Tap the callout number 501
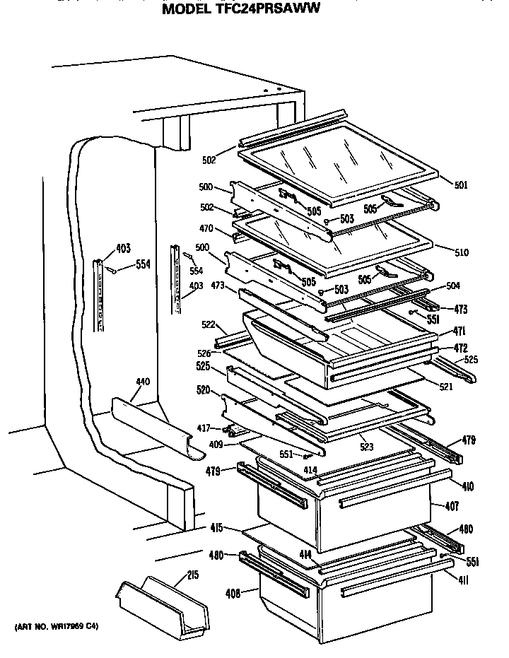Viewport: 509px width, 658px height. (460, 186)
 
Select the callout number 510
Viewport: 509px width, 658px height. (461, 252)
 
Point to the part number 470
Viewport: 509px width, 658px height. (206, 229)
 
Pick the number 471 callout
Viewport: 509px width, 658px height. (460, 331)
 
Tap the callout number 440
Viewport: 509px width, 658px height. (142, 382)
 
